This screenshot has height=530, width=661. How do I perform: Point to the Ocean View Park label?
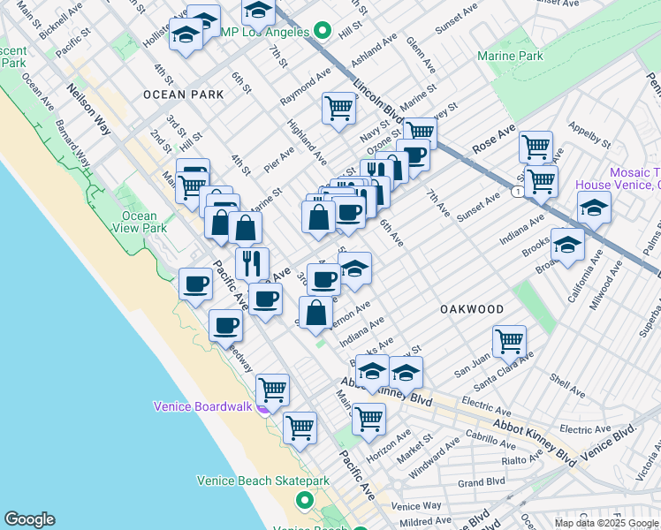(x=140, y=222)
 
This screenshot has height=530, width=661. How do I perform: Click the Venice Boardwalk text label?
(x=201, y=406)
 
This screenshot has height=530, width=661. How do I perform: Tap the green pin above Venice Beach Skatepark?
(x=305, y=501)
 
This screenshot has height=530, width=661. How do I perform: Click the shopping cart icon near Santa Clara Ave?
(x=510, y=339)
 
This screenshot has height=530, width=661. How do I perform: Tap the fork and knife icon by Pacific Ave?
(x=252, y=261)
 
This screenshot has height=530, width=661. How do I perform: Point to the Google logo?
(x=29, y=519)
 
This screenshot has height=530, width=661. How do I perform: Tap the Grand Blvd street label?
(x=481, y=482)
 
